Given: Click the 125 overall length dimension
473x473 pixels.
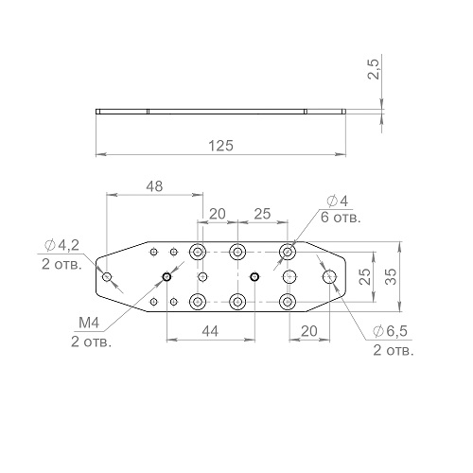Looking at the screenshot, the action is click(221, 146).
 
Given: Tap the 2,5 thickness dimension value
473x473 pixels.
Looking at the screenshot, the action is click(375, 69).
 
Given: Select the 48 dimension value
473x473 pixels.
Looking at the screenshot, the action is click(154, 186).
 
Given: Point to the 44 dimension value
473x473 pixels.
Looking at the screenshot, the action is click(210, 331).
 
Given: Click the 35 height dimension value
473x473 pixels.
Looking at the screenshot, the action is click(391, 276).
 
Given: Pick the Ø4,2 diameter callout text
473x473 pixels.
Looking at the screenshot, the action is click(61, 245).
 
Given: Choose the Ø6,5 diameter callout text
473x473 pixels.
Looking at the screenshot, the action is click(390, 331).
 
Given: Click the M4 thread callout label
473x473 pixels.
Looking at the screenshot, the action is click(89, 323).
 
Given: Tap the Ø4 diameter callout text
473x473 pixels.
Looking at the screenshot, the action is click(338, 201).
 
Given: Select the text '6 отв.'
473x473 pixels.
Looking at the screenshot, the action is click(341, 218).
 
